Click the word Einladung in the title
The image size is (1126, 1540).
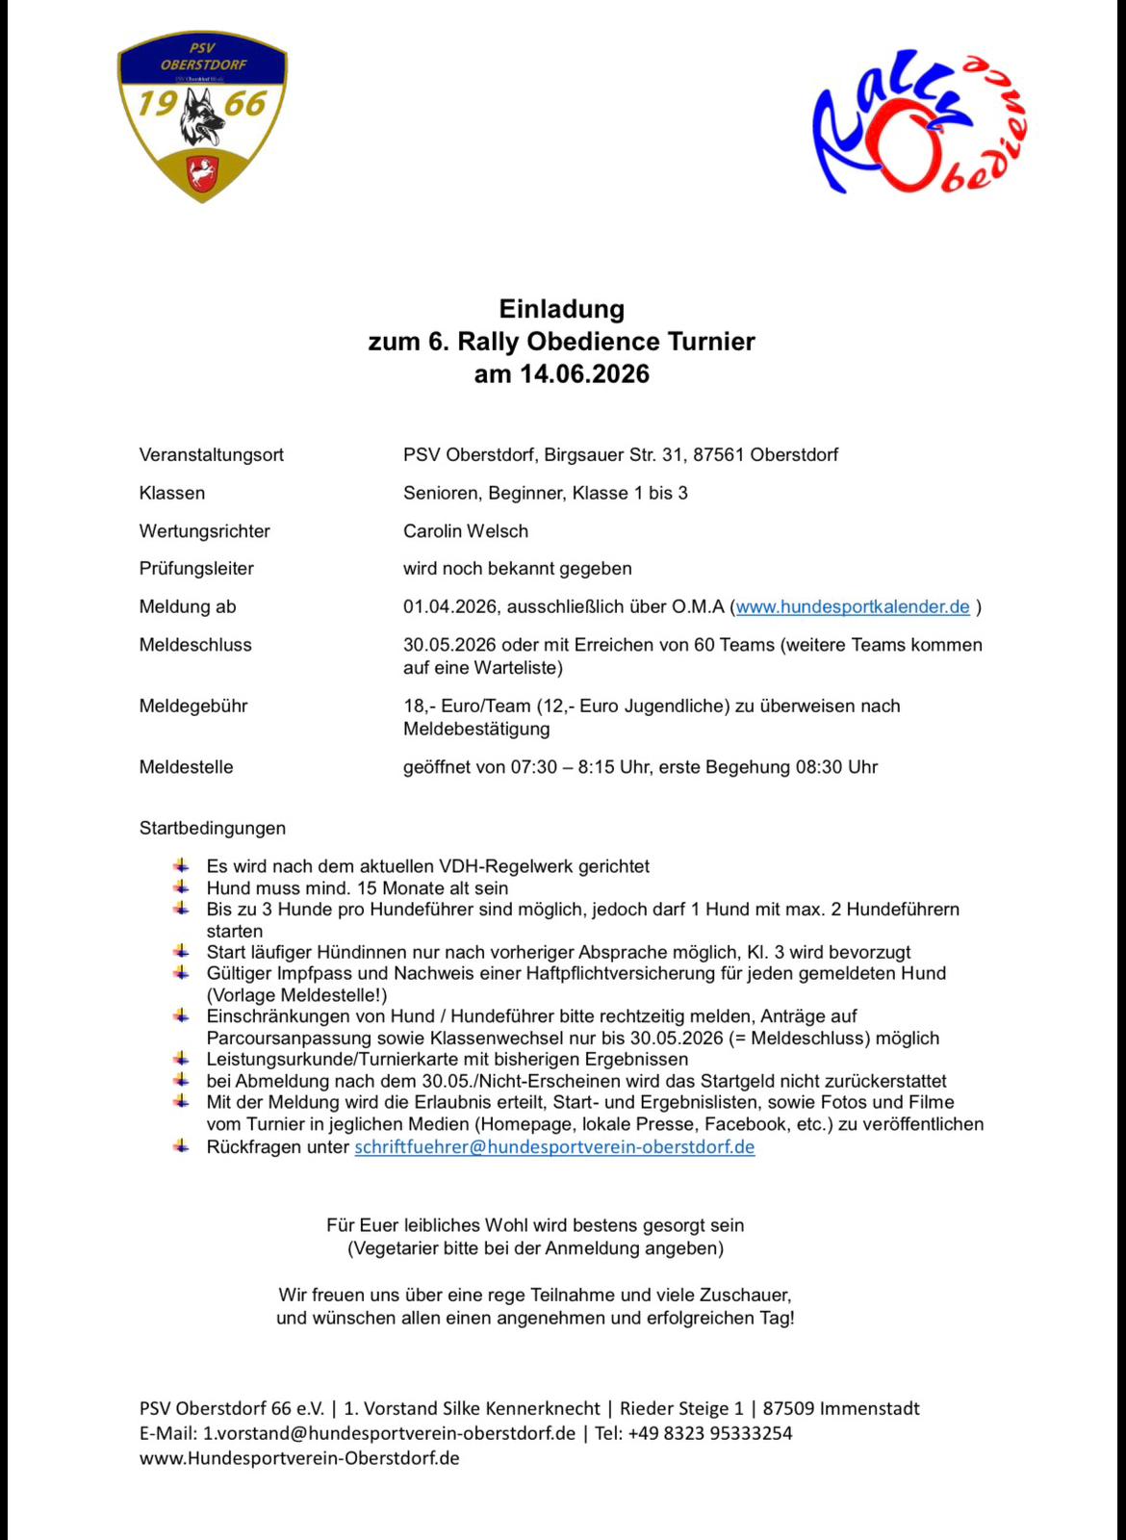[x=561, y=309]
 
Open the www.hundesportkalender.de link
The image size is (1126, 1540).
[x=853, y=607]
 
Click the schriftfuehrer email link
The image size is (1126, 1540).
[x=554, y=1147]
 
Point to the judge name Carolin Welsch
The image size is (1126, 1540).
[x=466, y=531]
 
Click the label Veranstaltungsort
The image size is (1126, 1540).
[x=212, y=455]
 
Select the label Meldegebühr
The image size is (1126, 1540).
[x=193, y=706]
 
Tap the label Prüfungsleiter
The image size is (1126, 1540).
[x=196, y=569]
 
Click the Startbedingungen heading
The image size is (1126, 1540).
[x=213, y=829]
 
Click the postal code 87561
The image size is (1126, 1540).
[x=718, y=455]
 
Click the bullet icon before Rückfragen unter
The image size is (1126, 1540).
[x=181, y=1146]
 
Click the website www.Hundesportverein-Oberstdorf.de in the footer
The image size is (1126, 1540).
[x=299, y=1458]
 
